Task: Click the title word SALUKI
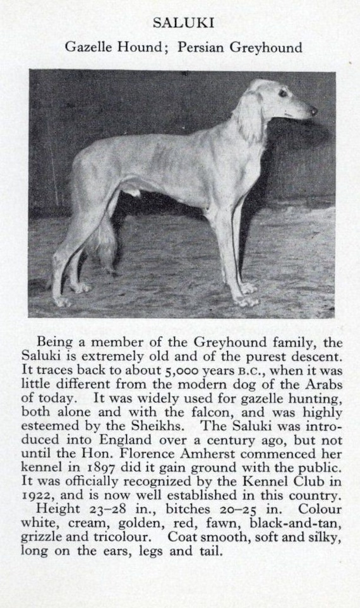[x=184, y=23]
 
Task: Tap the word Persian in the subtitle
[x=200, y=47]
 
